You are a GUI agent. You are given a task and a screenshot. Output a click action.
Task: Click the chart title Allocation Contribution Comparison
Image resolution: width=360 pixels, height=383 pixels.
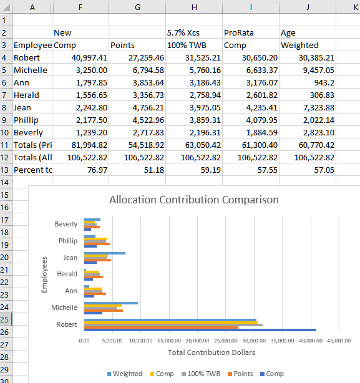193,200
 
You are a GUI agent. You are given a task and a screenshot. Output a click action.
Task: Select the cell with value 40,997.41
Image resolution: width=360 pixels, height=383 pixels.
80,57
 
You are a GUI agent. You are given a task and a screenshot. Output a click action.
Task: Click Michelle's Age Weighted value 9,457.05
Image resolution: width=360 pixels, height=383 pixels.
308,70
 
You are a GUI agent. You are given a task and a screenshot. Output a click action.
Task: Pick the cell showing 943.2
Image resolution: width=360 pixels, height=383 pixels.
308,82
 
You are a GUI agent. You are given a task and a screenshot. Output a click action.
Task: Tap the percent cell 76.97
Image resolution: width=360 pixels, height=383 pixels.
80,170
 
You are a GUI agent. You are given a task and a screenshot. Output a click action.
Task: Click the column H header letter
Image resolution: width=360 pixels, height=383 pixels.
194,7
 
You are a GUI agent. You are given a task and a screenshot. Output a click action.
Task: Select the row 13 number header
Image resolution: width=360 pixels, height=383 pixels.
4,170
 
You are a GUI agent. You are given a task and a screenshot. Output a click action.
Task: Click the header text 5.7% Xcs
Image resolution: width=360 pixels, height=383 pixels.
183,32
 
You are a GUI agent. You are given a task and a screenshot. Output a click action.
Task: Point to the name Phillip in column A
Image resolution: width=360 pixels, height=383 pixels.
26,120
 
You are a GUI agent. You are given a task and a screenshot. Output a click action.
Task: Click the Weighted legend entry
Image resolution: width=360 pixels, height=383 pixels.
125,374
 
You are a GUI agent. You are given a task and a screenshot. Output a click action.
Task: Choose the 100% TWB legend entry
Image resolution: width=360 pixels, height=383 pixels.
201,374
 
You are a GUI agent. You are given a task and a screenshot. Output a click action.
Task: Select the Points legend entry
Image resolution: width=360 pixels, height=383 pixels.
240,374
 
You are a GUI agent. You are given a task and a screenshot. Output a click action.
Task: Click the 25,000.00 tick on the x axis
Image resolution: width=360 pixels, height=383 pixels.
226,341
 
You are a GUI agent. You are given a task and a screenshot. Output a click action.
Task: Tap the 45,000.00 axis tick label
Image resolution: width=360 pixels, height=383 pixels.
339,341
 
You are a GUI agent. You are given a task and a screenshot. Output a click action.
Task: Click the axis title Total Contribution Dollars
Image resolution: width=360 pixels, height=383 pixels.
212,352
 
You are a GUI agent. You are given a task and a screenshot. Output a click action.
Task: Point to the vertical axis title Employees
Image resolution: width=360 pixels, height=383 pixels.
44,274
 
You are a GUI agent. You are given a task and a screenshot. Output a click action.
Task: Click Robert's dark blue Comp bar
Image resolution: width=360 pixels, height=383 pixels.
200,330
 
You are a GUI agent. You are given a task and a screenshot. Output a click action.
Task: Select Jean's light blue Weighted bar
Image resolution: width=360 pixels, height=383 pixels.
105,253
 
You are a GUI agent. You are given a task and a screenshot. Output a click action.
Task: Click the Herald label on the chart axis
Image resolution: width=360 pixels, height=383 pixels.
67,274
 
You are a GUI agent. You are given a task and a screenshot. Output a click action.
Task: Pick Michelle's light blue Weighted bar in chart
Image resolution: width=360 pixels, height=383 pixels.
111,303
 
